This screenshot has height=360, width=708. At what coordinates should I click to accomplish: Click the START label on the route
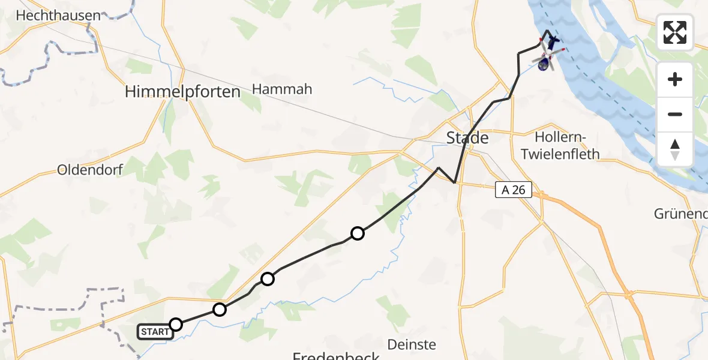[x=155, y=331]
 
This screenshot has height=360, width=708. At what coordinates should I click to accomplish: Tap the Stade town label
[x=467, y=138]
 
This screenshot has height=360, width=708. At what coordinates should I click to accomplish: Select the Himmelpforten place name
[x=182, y=92]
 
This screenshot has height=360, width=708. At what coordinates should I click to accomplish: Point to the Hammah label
[x=282, y=89]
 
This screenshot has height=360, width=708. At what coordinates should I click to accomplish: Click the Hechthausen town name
[x=59, y=16]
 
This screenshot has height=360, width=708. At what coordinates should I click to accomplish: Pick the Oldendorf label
[x=90, y=170]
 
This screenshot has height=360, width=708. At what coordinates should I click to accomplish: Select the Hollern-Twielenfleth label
[x=560, y=145]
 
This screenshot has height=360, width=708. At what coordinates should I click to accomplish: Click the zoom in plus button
[x=675, y=80]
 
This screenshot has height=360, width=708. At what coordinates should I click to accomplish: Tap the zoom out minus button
[x=675, y=114]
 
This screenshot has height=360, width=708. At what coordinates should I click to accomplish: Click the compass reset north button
[x=675, y=149]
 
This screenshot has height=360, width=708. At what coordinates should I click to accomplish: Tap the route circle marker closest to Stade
[x=357, y=233]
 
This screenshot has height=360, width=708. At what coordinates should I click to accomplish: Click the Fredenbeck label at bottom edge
[x=336, y=356]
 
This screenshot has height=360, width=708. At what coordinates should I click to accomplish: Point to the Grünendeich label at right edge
[x=680, y=214]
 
